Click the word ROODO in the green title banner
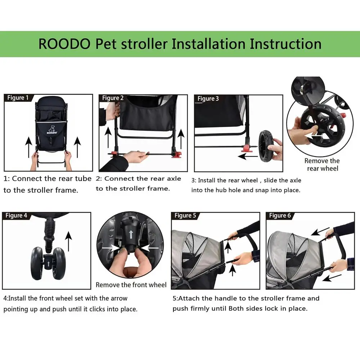click(65, 44)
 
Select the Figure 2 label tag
click(113, 98)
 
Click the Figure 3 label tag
click(208, 99)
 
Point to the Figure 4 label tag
click(16, 216)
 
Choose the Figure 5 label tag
click(185, 216)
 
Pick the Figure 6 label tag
click(280, 216)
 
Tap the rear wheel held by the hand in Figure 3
click(266, 145)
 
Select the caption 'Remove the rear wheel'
click(322, 165)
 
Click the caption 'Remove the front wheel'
click(131, 285)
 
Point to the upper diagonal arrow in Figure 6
click(320, 231)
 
